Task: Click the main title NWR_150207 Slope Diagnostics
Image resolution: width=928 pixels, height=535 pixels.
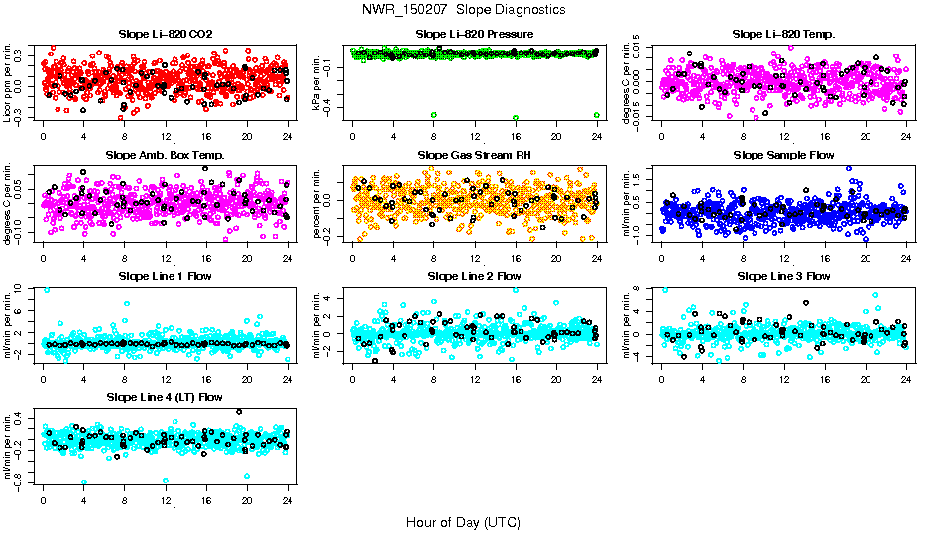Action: [464, 9]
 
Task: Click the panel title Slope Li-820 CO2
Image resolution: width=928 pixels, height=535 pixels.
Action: [165, 35]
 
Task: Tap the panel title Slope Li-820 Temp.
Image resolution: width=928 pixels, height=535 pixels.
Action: [783, 35]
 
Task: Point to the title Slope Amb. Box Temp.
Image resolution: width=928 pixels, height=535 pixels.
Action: [165, 156]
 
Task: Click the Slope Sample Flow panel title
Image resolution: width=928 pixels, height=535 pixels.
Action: [783, 156]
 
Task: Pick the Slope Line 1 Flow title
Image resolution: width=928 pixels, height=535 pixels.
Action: [165, 276]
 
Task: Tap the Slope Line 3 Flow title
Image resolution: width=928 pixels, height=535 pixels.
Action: [783, 276]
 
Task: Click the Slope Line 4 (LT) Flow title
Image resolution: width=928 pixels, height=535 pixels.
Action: [165, 397]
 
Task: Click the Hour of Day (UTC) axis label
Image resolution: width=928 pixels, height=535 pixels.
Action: [463, 521]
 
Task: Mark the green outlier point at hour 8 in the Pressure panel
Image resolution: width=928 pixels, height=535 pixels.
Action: [434, 115]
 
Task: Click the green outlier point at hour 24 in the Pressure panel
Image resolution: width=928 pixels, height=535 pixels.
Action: [596, 115]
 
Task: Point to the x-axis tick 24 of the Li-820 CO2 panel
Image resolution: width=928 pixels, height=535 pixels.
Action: [288, 136]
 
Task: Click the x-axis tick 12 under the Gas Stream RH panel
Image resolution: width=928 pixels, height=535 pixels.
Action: [474, 257]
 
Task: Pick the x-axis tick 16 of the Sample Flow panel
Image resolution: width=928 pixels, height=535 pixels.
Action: [824, 257]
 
